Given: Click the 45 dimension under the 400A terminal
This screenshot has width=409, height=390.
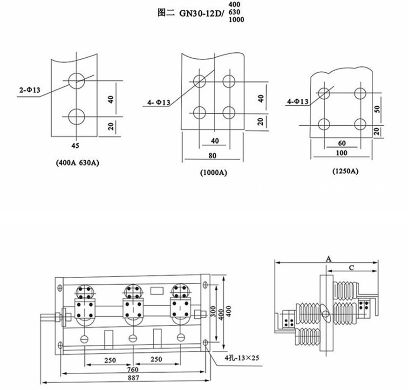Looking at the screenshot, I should tap(75, 145).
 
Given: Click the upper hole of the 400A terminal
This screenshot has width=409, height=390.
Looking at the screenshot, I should tap(75, 81).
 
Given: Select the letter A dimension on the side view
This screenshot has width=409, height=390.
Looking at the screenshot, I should tap(328, 258).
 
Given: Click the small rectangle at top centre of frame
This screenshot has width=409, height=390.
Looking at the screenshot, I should tap(157, 290).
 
